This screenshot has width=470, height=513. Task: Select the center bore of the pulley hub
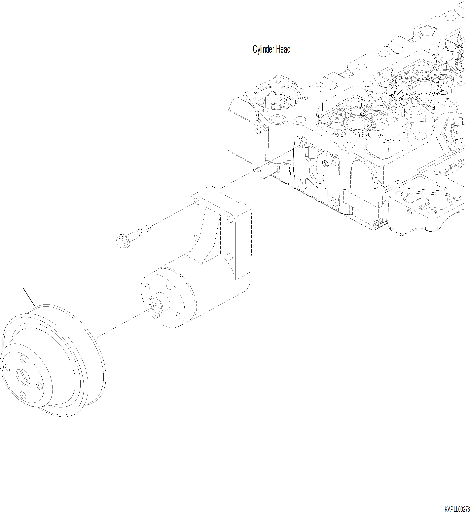coord(23,377)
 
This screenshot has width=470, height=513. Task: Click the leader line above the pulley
coord(29,297)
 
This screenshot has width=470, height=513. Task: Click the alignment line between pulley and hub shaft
coord(122,323)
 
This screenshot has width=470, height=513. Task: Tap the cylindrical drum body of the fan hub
coord(178,293)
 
